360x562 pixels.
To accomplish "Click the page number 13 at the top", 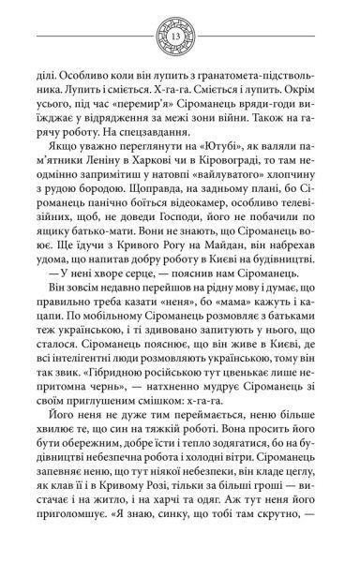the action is [180, 36].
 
